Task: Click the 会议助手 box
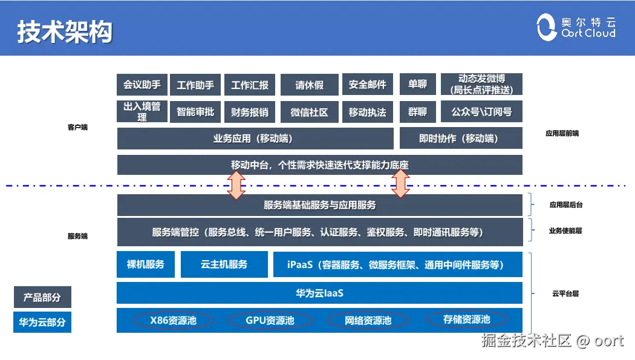[142, 85]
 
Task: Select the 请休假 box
[309, 85]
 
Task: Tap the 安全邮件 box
[368, 85]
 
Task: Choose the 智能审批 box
[195, 112]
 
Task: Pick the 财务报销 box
[250, 112]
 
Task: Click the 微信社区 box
[309, 112]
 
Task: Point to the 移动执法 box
[368, 112]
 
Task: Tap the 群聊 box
[417, 112]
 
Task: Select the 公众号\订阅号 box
[481, 112]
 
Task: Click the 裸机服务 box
[146, 264]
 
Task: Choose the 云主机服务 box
[224, 264]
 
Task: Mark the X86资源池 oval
[174, 319]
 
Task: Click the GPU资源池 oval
[270, 319]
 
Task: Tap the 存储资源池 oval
[466, 319]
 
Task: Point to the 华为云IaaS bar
[319, 293]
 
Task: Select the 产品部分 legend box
[42, 297]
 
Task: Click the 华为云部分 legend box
[42, 322]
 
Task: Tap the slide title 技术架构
[64, 32]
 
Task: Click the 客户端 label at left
[77, 128]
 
